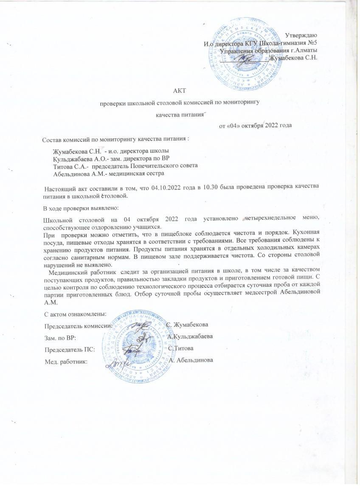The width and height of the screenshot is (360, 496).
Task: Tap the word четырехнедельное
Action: pyautogui.click(x=272, y=219)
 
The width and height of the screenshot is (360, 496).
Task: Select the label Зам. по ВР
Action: pyautogui.click(x=60, y=337)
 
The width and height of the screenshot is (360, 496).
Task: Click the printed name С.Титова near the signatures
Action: pyautogui.click(x=181, y=349)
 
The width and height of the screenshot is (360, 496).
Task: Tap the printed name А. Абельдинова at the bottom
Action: pyautogui.click(x=191, y=361)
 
